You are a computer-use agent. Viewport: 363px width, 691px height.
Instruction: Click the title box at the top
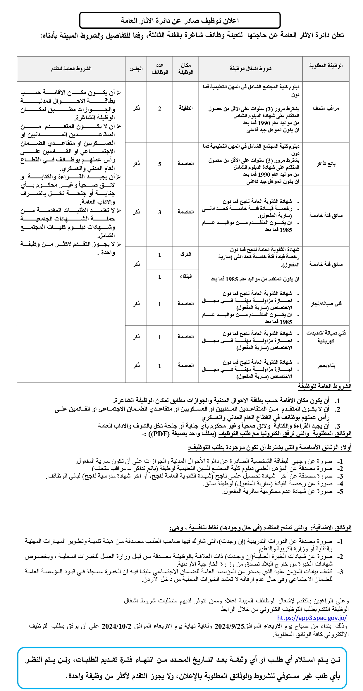tap(180, 20)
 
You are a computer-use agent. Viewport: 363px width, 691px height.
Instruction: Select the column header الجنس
tap(136, 69)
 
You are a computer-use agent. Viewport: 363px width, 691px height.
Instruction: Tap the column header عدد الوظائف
tap(160, 69)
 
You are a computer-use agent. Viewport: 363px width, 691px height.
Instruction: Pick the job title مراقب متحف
tap(326, 108)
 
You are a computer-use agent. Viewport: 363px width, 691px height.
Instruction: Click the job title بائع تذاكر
tap(326, 164)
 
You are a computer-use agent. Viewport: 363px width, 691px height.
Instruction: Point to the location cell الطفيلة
tap(185, 108)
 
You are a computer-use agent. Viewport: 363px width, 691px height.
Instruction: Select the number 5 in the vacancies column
tap(160, 164)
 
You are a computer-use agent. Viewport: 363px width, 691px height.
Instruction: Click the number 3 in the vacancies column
tap(160, 212)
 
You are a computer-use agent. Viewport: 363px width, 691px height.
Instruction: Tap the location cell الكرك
tap(185, 254)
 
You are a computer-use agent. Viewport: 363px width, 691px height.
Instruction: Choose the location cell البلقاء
tap(185, 276)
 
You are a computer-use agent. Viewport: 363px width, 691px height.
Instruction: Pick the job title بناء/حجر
tap(326, 366)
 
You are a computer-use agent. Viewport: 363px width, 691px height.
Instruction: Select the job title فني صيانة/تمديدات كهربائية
tap(326, 337)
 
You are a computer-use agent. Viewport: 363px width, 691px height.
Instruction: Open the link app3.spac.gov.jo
tap(312, 618)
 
